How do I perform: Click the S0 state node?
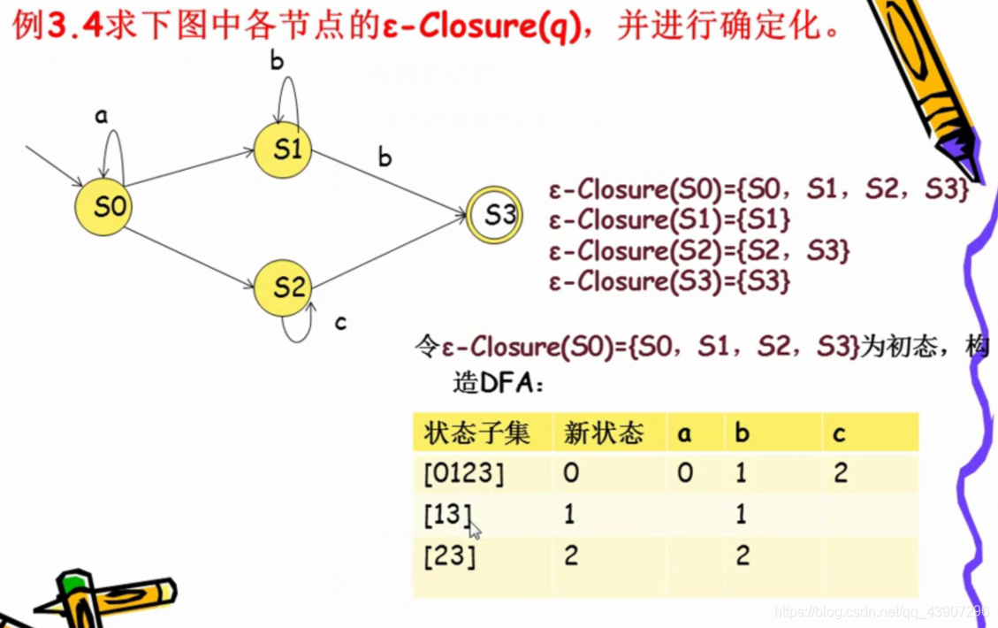pos(103,207)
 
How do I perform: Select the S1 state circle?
pos(283,149)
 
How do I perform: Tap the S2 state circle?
pos(283,287)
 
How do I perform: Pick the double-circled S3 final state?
pos(495,214)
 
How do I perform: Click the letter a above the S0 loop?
pos(101,115)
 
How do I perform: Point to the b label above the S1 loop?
pos(277,60)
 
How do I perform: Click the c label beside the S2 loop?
pos(340,323)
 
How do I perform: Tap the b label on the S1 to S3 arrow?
pos(385,157)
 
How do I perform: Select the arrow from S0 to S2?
pos(188,257)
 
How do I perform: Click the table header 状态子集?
pos(476,433)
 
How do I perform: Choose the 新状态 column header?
pos(604,433)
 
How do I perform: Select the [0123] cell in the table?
pos(463,473)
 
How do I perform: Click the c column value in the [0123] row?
pos(840,473)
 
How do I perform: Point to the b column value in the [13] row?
pos(741,514)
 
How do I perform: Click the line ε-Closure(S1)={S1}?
pos(669,219)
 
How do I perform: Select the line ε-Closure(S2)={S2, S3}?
pos(698,250)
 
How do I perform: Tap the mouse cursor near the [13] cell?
pos(475,531)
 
